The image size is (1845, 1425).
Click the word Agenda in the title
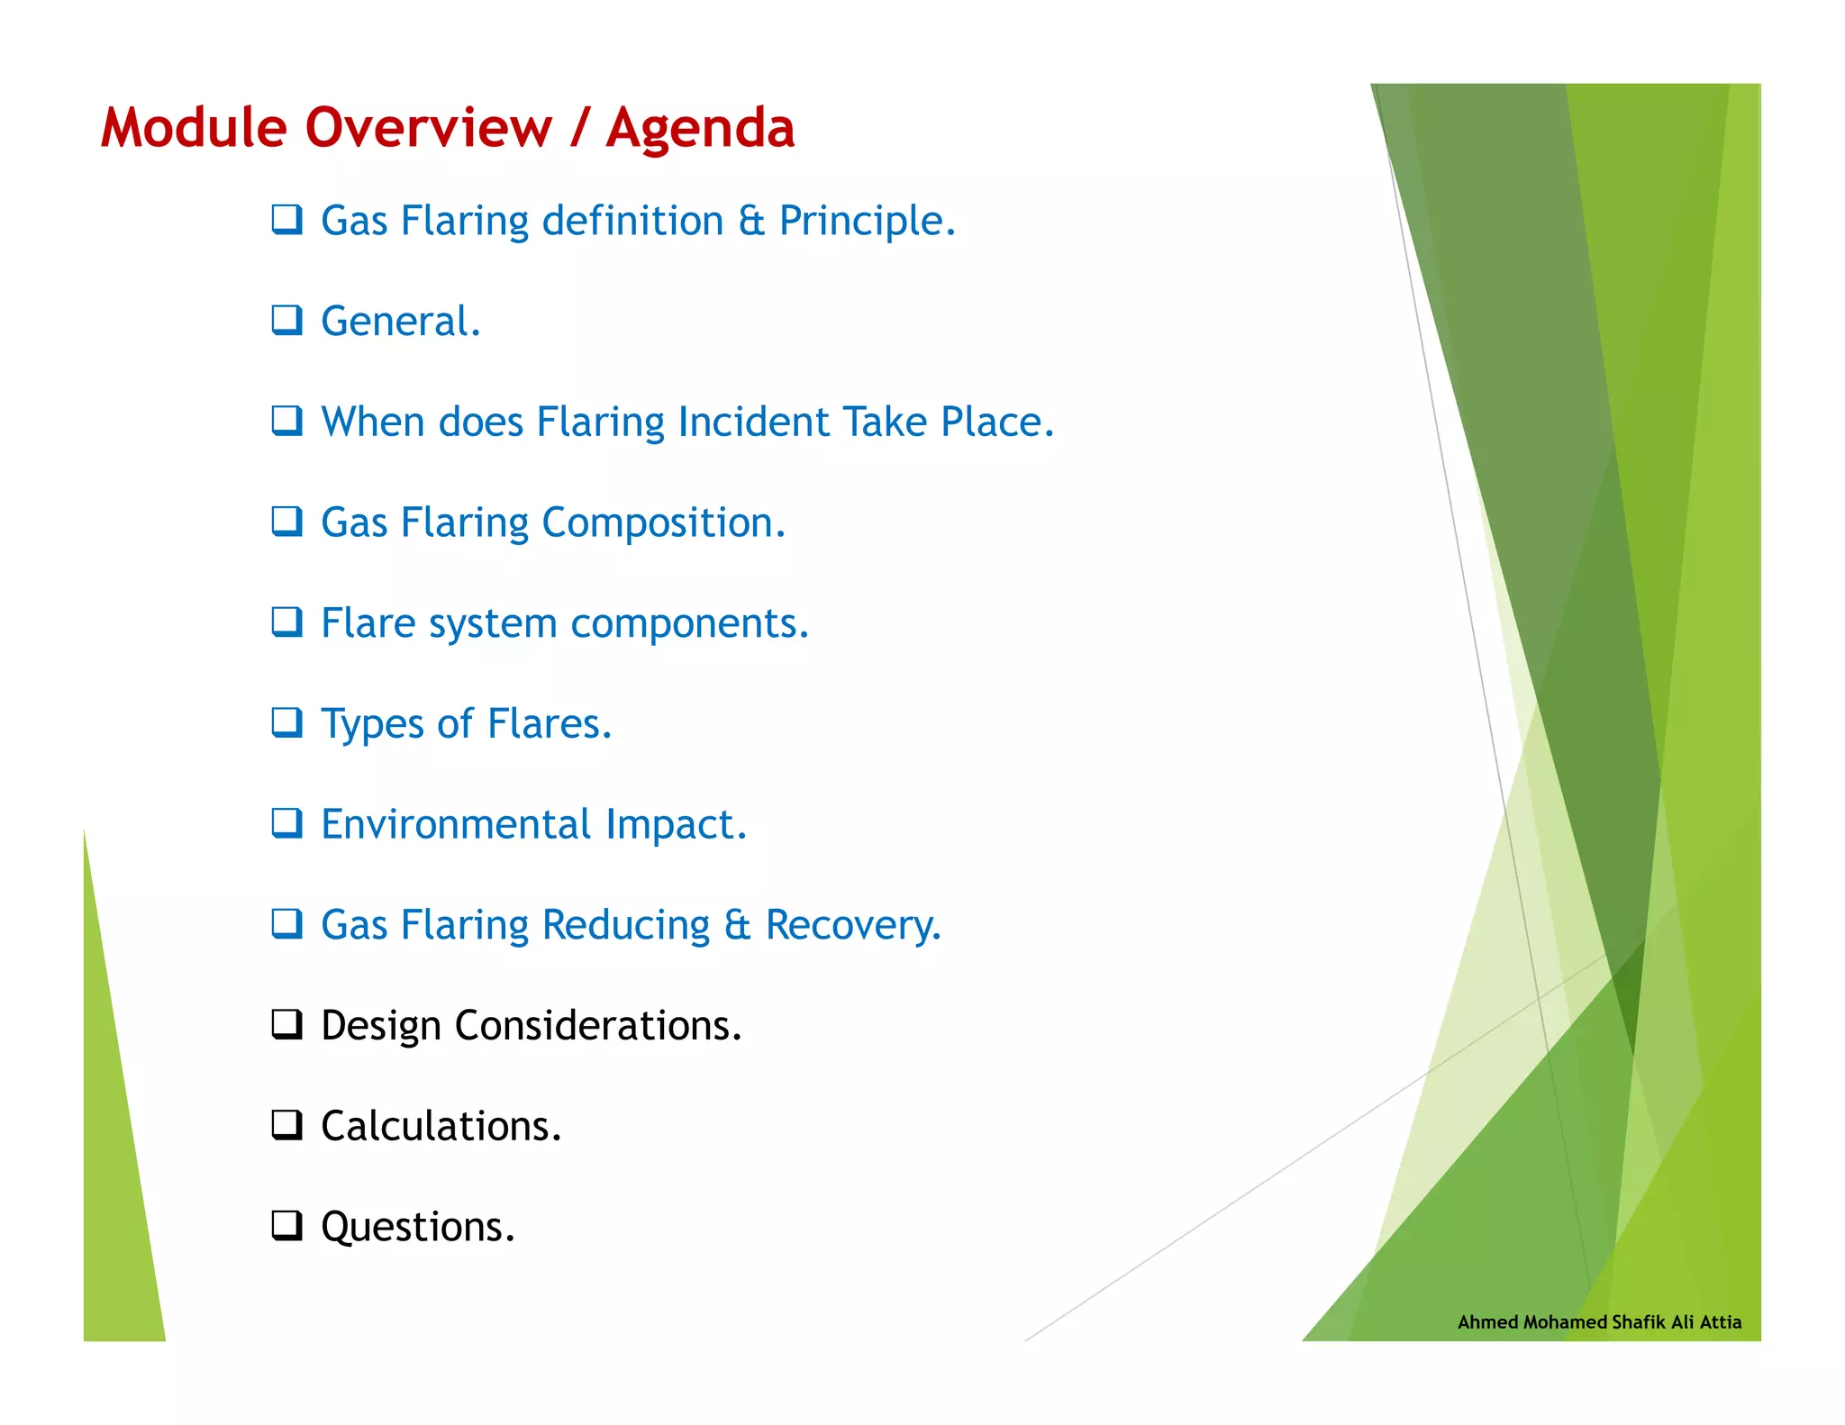(x=700, y=128)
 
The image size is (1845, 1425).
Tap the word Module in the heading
(x=193, y=128)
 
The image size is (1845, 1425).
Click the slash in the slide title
(x=579, y=128)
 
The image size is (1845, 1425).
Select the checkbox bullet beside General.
(x=286, y=320)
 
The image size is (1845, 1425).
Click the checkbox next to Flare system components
(x=286, y=622)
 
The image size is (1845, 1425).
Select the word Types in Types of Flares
(x=371, y=724)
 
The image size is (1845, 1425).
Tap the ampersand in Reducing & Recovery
(x=736, y=925)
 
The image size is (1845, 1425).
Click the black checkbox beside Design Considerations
(x=286, y=1024)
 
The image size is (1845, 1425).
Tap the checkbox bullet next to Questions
(x=286, y=1225)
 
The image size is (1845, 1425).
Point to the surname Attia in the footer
(x=1720, y=1321)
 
